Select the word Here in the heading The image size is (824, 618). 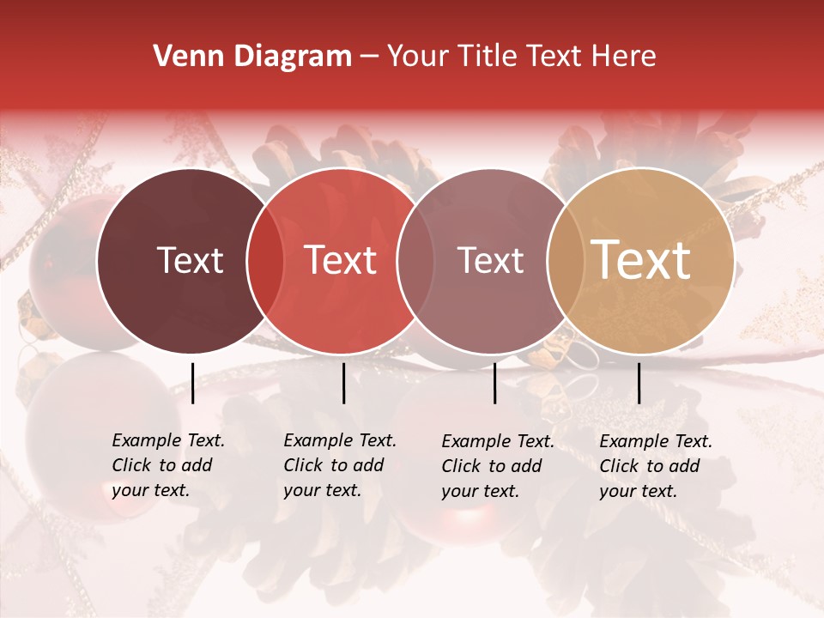point(625,57)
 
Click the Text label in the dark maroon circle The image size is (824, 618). point(190,260)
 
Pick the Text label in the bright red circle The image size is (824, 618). point(341,260)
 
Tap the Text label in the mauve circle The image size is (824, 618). point(491,260)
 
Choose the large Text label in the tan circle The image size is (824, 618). point(641,260)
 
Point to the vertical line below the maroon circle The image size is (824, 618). point(192,383)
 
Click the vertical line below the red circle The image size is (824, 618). point(343,383)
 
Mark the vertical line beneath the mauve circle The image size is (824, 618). point(495,383)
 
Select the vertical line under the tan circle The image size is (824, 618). point(639,383)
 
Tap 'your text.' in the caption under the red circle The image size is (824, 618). point(322,491)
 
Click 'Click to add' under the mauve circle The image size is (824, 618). point(492,466)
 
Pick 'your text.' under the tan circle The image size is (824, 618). point(638,491)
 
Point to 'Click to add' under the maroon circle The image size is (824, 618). point(162,466)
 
